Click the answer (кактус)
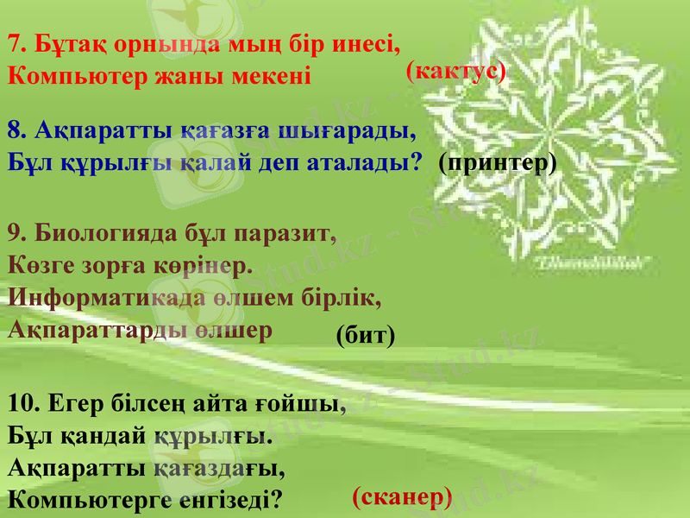455,73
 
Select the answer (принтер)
497,161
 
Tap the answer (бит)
366,335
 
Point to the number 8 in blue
15,131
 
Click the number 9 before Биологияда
15,233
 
